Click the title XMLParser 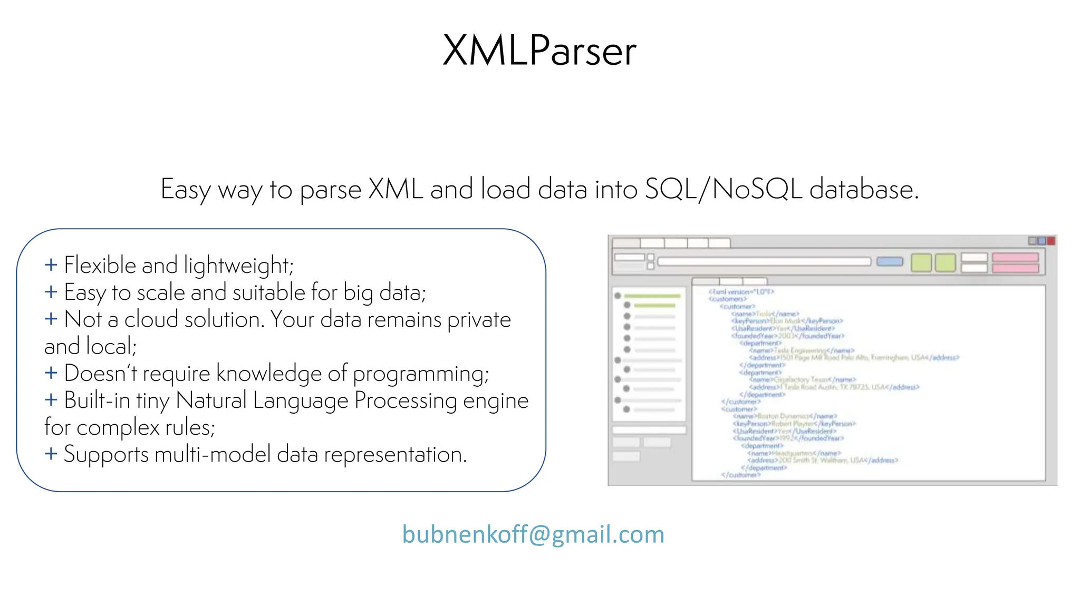click(x=539, y=51)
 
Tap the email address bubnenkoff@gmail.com click(x=533, y=534)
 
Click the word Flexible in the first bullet click(x=100, y=265)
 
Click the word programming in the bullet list click(x=420, y=374)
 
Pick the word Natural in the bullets click(x=211, y=400)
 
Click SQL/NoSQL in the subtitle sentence click(x=724, y=189)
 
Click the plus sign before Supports click(x=51, y=454)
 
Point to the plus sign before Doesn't click(x=51, y=373)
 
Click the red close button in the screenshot click(x=1050, y=241)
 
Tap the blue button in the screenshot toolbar click(x=890, y=262)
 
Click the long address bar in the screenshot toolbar click(x=764, y=262)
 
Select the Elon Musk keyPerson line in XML click(x=787, y=321)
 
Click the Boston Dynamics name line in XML click(x=784, y=416)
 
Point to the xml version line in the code click(x=740, y=291)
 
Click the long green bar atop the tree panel click(x=652, y=296)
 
